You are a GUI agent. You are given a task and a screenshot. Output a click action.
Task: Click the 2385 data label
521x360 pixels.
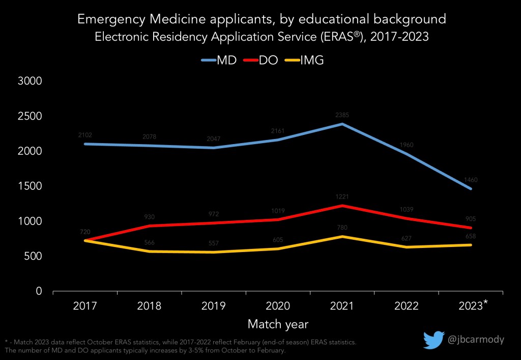[x=342, y=115]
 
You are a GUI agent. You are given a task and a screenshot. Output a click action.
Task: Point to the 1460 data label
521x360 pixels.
[x=471, y=180]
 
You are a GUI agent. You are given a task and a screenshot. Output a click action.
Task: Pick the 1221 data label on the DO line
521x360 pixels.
[x=342, y=197]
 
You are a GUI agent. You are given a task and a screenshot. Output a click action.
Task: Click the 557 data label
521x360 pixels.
[x=213, y=243]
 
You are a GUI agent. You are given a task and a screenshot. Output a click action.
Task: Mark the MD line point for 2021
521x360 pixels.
[x=342, y=124]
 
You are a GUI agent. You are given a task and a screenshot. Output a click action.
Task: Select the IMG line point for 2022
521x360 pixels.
[x=407, y=247]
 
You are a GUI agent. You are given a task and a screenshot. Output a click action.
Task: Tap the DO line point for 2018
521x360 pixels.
[x=149, y=226]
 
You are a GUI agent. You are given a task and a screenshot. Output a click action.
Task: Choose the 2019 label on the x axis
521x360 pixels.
[x=213, y=307]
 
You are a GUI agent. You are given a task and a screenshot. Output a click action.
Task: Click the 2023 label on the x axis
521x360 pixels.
[x=471, y=307]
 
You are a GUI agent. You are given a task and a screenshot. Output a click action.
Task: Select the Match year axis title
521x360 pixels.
[x=278, y=324]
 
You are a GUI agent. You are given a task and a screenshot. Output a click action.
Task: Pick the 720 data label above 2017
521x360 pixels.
[x=84, y=232]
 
